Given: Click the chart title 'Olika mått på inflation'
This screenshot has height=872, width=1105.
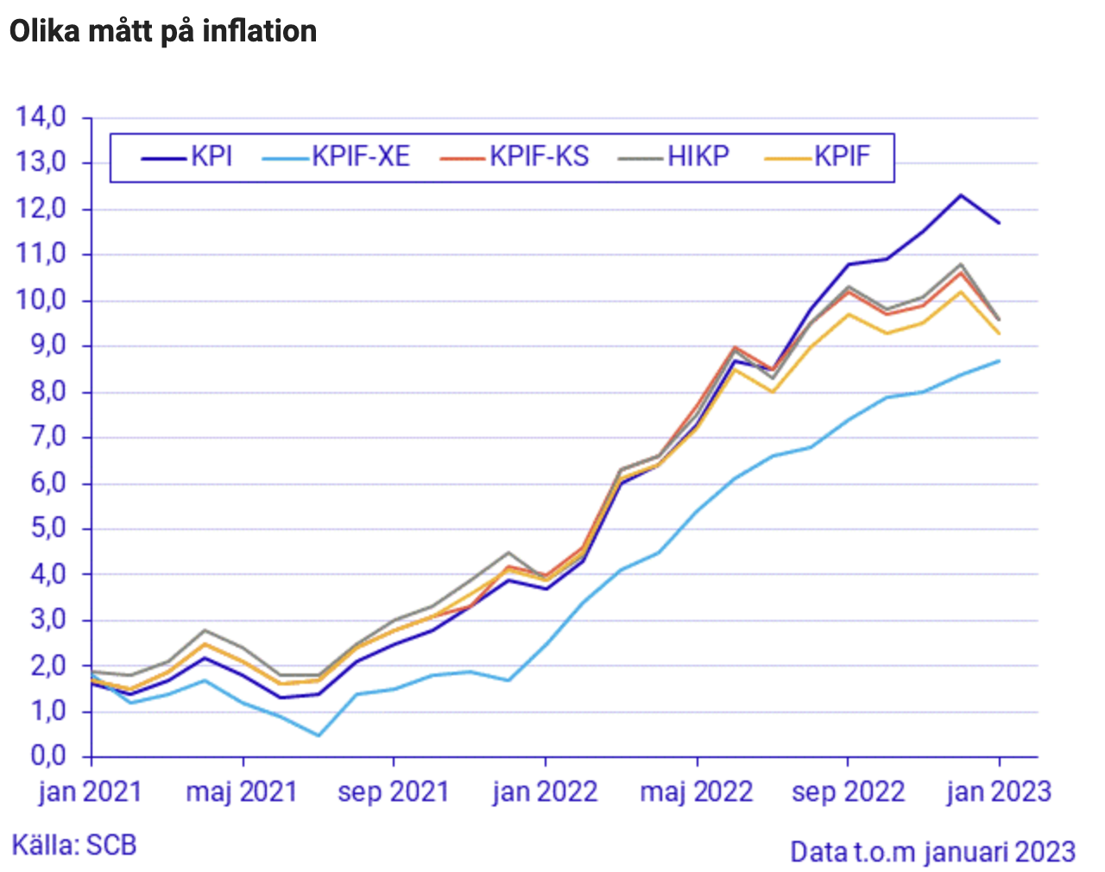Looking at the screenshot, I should tap(163, 31).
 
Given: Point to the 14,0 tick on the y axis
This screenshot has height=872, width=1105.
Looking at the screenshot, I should tap(41, 117).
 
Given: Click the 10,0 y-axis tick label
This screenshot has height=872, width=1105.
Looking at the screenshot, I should tap(41, 300).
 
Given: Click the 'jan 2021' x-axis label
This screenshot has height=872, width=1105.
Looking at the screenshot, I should tap(90, 792).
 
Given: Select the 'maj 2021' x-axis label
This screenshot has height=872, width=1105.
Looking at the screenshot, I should tap(242, 792).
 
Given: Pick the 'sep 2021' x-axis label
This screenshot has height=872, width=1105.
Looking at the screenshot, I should tap(394, 792).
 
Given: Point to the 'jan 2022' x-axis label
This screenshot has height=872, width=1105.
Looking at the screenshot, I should tap(545, 792).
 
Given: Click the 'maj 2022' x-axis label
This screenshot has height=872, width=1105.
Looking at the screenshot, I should tap(697, 792).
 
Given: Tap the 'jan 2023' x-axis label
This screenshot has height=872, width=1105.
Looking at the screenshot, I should tap(999, 792).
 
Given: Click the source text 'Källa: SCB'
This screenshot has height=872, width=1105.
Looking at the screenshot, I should tap(74, 844).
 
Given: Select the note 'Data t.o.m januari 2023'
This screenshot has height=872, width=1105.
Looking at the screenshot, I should tap(932, 852).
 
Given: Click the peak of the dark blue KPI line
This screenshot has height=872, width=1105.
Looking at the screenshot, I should tap(961, 195).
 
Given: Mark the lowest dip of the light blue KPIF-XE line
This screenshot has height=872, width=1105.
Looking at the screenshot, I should tap(319, 736).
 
